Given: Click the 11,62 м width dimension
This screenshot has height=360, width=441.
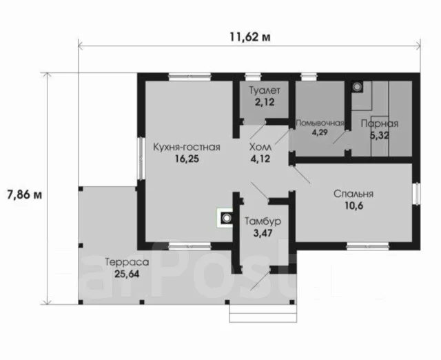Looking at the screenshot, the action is (x=250, y=37).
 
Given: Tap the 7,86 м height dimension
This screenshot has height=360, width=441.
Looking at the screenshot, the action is (x=25, y=194).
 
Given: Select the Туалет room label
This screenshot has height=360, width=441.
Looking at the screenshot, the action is (x=265, y=90).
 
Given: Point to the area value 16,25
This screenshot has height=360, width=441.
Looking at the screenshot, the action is (x=187, y=159).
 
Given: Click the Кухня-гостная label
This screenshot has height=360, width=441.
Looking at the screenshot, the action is (x=187, y=147).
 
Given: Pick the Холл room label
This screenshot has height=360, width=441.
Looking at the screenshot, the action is (x=260, y=147).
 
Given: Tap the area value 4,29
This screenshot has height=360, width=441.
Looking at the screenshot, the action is (x=320, y=132).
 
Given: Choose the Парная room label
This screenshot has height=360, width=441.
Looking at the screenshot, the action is (x=380, y=123).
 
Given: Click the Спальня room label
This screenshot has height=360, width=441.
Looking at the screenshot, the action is (x=353, y=194).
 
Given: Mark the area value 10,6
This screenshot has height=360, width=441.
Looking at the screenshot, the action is (x=354, y=206).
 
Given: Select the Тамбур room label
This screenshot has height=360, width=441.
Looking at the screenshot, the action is (x=263, y=221).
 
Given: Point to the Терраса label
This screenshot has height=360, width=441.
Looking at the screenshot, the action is (x=127, y=262).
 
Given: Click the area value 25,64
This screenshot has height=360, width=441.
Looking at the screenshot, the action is (x=127, y=274).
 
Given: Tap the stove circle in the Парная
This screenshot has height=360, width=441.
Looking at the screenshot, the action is (x=357, y=87).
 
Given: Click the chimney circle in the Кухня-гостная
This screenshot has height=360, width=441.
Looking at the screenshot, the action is (x=227, y=217).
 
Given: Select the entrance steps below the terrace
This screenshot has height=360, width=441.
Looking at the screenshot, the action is (x=263, y=313).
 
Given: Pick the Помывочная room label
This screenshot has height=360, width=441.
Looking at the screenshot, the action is (x=320, y=123).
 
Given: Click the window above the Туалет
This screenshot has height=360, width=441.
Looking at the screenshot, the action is (x=253, y=77).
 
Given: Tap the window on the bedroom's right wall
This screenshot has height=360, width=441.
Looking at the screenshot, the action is (x=417, y=194).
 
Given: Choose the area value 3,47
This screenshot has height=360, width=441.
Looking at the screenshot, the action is (x=263, y=233).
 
